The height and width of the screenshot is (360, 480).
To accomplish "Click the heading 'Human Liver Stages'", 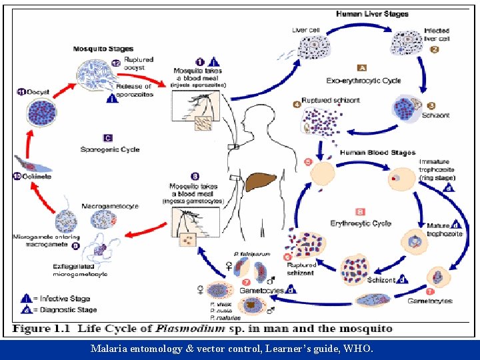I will [x=371, y=14].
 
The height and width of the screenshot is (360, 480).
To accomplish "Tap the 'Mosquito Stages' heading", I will [x=103, y=49].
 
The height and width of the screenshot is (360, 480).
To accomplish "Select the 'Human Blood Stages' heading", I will [x=377, y=153].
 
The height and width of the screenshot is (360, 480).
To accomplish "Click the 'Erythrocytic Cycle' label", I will [x=361, y=223].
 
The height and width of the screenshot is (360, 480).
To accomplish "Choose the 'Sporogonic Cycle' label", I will [x=110, y=149].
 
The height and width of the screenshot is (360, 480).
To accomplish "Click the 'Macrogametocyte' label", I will [x=110, y=207].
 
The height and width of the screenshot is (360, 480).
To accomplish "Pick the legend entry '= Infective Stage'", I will [x=63, y=299].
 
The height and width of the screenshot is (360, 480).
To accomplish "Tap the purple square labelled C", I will [x=107, y=138].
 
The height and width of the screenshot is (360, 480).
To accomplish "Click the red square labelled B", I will [x=360, y=211].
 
